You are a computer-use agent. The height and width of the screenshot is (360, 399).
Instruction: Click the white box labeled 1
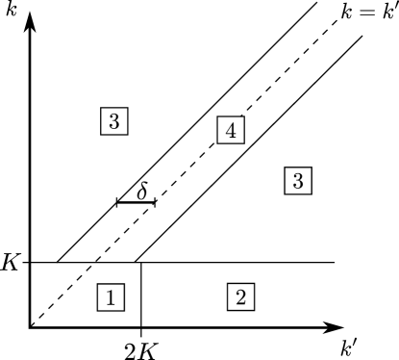pos(111,297)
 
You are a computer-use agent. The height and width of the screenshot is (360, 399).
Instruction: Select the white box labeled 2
pos(240,297)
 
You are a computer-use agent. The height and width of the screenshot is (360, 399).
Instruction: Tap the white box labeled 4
pos(231,130)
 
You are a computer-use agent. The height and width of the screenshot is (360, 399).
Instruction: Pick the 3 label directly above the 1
pos(114,121)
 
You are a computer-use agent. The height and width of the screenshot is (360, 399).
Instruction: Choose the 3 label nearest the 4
pos(298,180)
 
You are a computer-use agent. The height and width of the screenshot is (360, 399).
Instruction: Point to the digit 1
pos(111,297)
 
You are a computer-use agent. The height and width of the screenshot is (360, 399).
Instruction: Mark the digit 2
pos(240,297)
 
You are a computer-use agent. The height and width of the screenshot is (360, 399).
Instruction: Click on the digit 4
pos(231,130)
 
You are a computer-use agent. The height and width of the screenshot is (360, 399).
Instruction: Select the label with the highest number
pos(231,130)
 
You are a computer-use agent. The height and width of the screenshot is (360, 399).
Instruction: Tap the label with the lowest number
pos(111,297)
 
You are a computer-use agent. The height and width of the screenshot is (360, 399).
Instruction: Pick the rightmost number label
pos(298,180)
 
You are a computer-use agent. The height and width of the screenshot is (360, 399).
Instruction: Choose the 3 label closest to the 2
pos(298,180)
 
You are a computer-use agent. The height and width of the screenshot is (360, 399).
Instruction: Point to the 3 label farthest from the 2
pos(114,121)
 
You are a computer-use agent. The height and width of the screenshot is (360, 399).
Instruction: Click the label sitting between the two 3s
pos(231,130)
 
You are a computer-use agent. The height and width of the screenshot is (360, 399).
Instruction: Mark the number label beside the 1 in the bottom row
pos(240,297)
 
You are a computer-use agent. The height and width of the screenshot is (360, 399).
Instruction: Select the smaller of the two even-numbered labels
pos(240,297)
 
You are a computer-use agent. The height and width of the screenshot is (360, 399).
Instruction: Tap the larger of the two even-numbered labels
pos(231,130)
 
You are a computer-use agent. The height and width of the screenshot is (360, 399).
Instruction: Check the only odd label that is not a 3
pos(111,297)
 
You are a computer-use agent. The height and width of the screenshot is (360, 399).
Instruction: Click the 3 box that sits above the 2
pos(298,180)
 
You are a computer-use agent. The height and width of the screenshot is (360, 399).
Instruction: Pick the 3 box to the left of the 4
pos(114,121)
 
